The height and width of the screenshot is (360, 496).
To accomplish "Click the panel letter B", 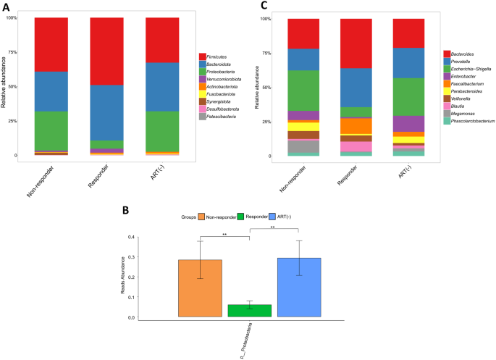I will tap(127, 211).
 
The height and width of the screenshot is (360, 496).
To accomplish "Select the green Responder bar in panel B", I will tap(250, 310).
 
